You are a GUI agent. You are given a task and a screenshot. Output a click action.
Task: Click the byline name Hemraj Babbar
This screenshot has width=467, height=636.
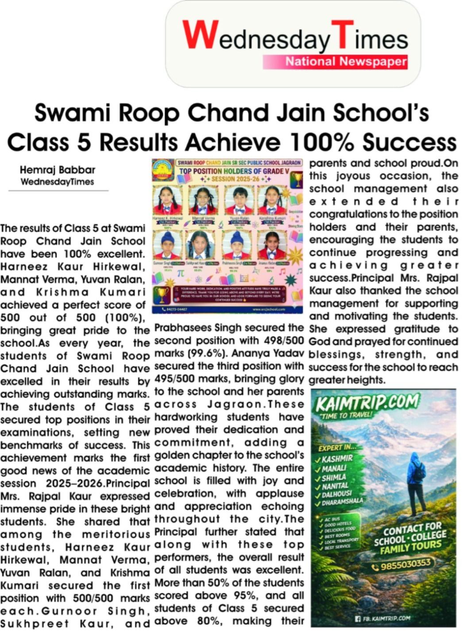[x=57, y=170]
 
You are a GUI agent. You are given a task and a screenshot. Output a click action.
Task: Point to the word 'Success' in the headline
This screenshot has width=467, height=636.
[x=409, y=142]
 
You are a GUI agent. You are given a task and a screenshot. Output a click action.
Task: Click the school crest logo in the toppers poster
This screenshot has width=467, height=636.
[x=163, y=172]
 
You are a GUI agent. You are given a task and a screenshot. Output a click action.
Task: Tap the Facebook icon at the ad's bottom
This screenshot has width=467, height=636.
[x=358, y=618]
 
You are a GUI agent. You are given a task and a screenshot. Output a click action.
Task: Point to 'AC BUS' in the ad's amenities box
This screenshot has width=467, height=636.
[x=332, y=519]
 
